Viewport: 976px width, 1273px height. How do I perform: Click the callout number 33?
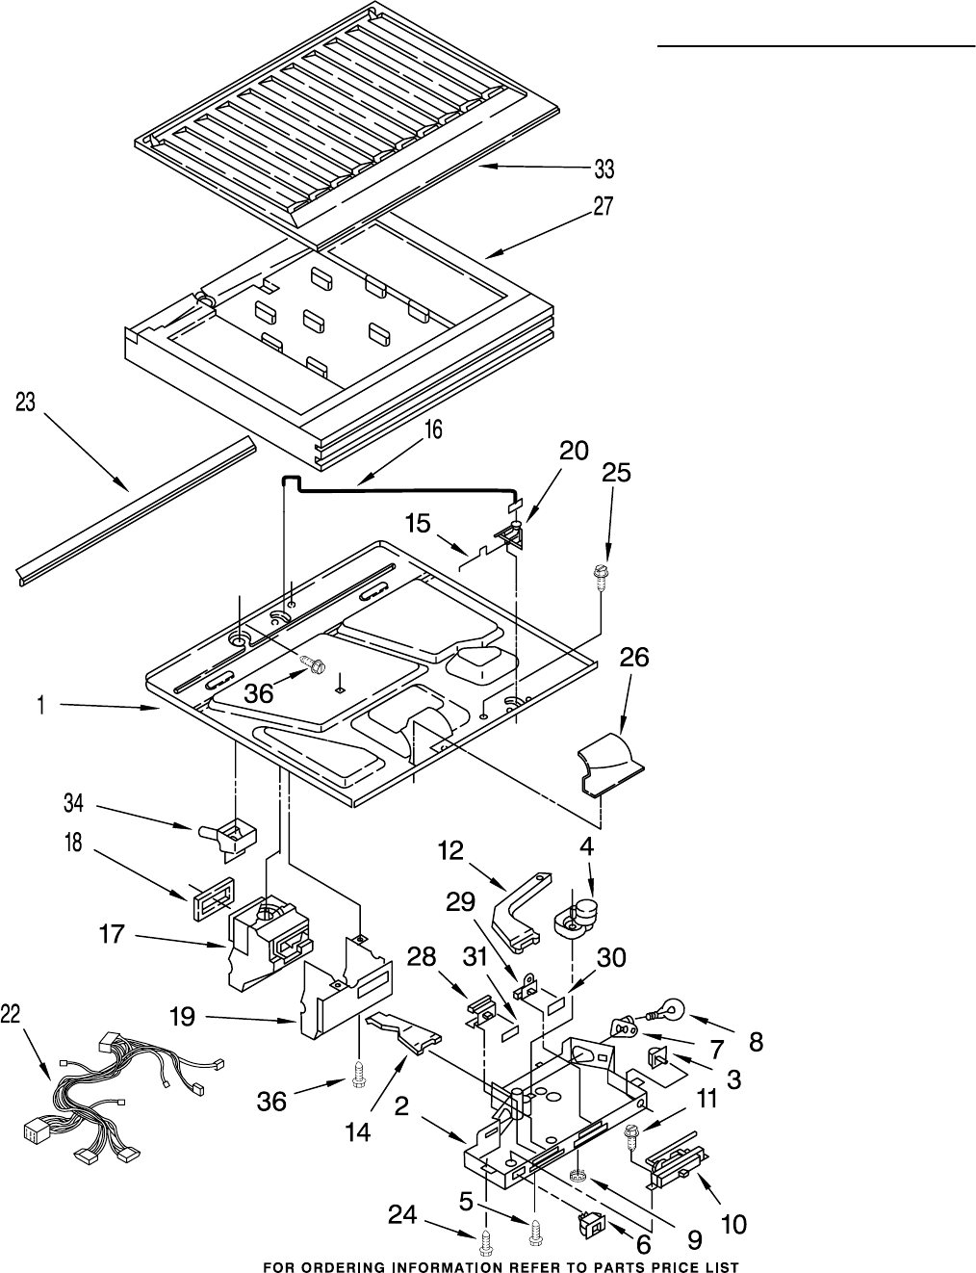[604, 170]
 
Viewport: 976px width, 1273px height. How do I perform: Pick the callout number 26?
[633, 658]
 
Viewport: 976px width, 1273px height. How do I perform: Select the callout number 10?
[732, 1225]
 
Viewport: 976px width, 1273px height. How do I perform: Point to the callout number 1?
[41, 706]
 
